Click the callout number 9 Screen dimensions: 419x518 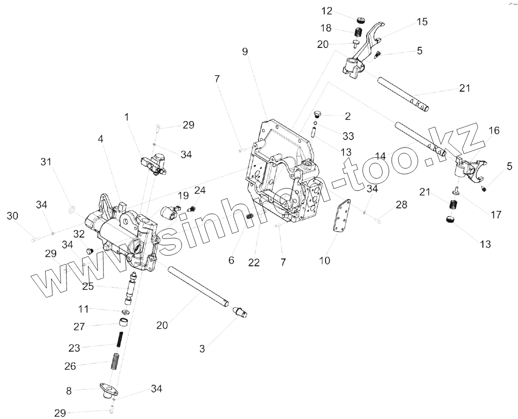(245, 52)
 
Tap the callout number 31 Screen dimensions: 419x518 (46, 161)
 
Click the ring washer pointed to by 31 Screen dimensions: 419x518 (72, 210)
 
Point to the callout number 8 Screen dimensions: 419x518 (69, 390)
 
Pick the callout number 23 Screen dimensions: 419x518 (74, 348)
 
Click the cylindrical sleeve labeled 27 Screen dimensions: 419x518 (123, 324)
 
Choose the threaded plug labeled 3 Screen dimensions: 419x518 (240, 312)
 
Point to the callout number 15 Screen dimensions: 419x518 (422, 21)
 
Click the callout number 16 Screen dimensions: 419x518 (494, 131)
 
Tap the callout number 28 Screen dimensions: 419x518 (401, 205)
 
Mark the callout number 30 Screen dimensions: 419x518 (12, 216)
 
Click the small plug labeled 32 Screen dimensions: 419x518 (89, 250)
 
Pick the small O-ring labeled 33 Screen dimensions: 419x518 (315, 124)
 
